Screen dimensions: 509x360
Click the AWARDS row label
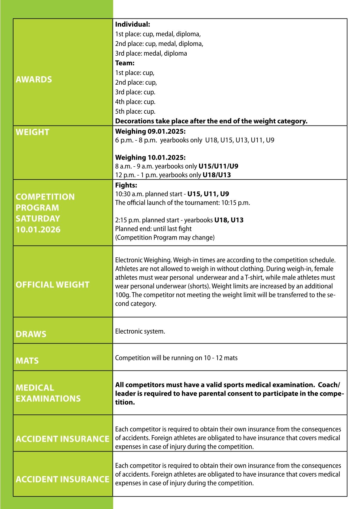tap(34, 80)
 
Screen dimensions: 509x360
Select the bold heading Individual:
tap(133, 24)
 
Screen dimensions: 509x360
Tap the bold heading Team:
tap(125, 63)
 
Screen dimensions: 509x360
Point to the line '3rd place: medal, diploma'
tap(151, 54)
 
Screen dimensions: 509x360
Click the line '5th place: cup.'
tap(135, 111)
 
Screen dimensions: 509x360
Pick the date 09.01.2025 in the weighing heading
tap(167, 131)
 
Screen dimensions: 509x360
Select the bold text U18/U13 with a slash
tap(217, 175)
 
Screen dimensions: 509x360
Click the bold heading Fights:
tap(126, 185)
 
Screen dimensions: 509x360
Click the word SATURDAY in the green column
tap(38, 218)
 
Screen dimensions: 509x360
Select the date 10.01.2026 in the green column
tap(38, 230)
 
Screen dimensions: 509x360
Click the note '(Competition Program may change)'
tap(165, 237)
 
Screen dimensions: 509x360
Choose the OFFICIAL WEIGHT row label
tap(53, 285)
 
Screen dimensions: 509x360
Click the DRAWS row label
tap(31, 334)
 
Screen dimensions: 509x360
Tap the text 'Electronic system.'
tap(140, 331)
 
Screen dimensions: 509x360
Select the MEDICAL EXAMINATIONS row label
tap(48, 393)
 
